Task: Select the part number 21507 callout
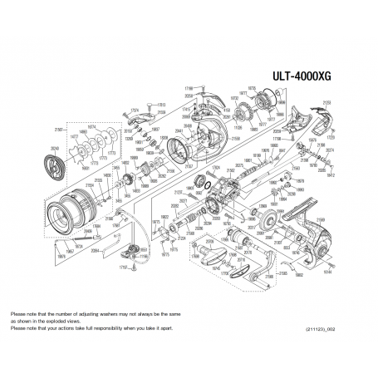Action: [59, 130]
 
